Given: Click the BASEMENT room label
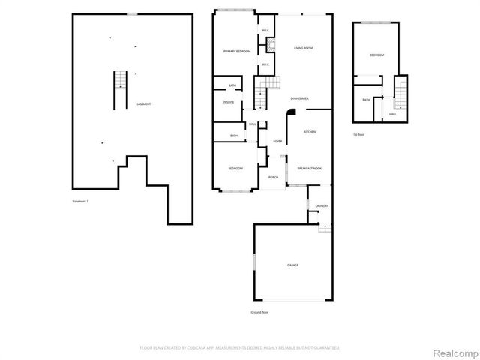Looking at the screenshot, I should (142, 103).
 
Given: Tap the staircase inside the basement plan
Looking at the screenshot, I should (119, 79).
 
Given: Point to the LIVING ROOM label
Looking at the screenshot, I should (302, 47).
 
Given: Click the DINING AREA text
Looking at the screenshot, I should (300, 98).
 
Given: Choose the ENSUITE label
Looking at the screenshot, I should (228, 101).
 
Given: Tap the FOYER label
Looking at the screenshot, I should (277, 141).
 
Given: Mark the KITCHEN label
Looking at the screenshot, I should (309, 131).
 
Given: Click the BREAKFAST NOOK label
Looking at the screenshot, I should (309, 169).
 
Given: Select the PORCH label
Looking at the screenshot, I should (273, 178).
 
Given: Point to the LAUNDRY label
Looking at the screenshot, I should (322, 206).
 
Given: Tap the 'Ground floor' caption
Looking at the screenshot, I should (259, 311).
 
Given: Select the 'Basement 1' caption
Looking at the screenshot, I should (80, 201).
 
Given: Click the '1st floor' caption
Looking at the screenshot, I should (359, 134).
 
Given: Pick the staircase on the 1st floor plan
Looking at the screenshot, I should (400, 93).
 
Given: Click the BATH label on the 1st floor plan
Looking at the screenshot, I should (366, 100).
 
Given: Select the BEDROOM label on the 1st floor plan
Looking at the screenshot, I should (376, 55).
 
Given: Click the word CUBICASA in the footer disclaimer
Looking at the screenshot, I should (206, 348).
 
